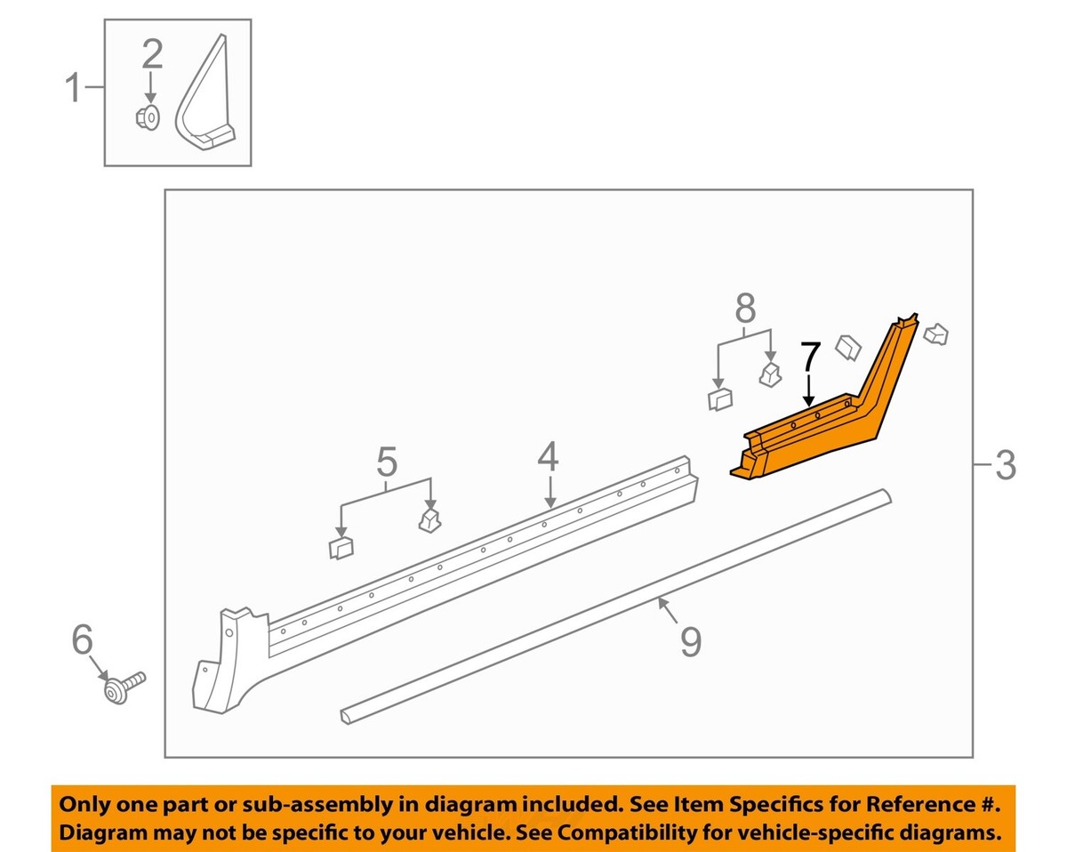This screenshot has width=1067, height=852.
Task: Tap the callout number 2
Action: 153,55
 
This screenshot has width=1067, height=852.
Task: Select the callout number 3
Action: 1005,464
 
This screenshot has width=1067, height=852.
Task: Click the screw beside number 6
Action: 124,687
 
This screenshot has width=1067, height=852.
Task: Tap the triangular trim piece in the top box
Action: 207,107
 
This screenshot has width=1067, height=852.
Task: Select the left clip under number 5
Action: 341,548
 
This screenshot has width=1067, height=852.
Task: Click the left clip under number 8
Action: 718,399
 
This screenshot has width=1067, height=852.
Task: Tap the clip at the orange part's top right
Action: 936,334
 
